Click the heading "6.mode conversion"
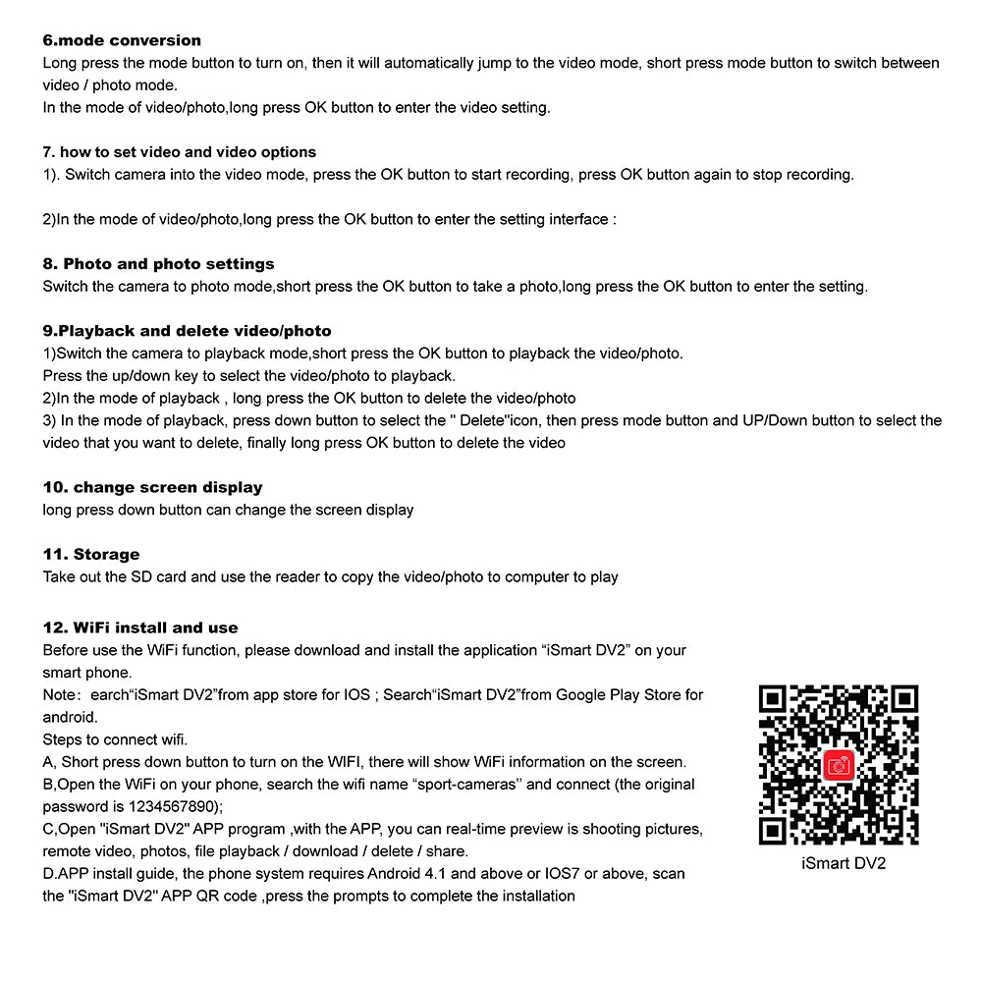click(122, 40)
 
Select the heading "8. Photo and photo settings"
click(159, 264)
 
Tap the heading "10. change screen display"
click(153, 487)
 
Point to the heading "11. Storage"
click(91, 554)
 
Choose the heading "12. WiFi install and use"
click(140, 627)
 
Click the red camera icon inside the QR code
click(839, 765)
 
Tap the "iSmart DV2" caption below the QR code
click(844, 864)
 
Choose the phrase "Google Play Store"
click(598, 694)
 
